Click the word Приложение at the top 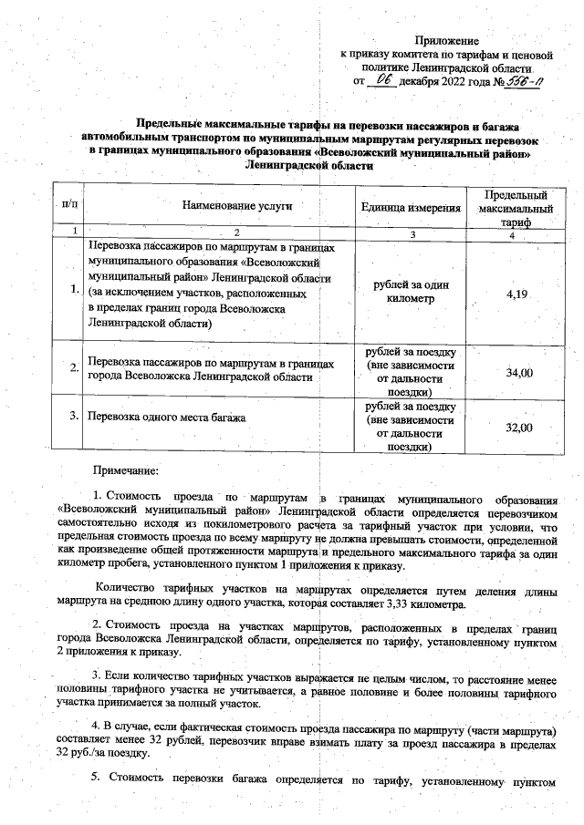446,41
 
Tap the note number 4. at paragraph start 106,727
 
